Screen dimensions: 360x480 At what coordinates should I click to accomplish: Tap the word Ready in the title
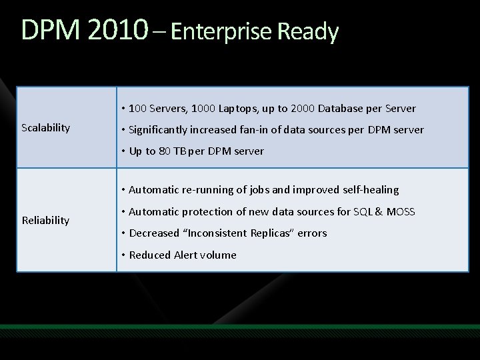click(315, 32)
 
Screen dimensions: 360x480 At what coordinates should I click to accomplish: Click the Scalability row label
click(46, 127)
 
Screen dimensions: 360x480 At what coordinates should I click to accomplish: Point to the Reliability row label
click(45, 219)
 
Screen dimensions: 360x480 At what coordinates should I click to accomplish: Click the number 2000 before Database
click(303, 108)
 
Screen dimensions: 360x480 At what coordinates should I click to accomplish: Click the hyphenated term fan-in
click(251, 129)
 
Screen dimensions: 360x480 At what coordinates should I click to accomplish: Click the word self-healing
click(369, 190)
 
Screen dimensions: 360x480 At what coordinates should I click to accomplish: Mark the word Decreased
click(154, 233)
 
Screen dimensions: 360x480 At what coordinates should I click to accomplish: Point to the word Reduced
click(150, 255)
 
